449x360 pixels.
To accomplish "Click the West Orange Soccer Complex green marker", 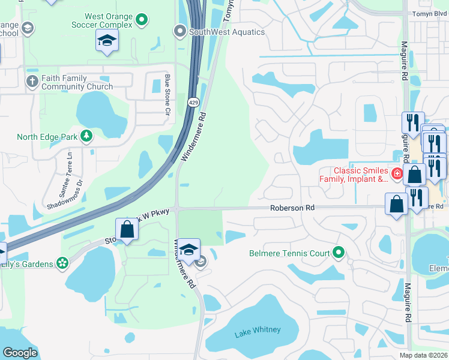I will [x=142, y=20].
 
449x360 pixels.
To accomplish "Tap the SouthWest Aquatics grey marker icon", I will [x=179, y=31].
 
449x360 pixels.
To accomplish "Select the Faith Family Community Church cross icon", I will [x=31, y=81].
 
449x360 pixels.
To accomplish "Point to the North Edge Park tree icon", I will [x=86, y=136].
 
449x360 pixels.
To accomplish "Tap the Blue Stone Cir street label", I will [x=167, y=94].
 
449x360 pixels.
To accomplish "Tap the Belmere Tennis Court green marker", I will [x=339, y=253].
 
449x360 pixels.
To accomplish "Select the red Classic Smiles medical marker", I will [x=396, y=174].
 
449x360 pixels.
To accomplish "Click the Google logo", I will [x=20, y=352].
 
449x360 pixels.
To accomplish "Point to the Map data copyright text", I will [x=423, y=355].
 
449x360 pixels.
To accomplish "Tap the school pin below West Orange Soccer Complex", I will [x=107, y=41].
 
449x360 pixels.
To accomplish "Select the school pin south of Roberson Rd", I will [x=188, y=251].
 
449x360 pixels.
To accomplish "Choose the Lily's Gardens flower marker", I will [x=61, y=263].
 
